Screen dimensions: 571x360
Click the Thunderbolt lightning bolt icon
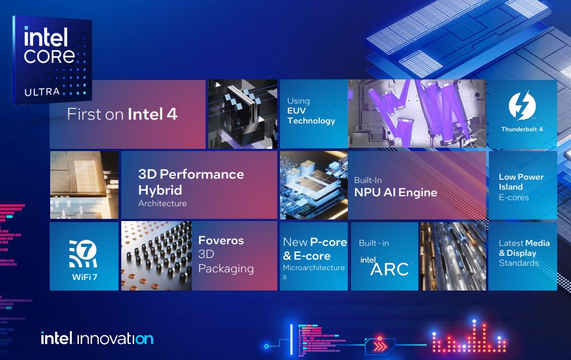[522, 106]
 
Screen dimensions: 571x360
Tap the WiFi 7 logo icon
[83, 254]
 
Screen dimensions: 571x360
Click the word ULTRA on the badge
[42, 92]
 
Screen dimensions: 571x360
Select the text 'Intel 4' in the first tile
[153, 115]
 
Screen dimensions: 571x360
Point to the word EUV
[297, 111]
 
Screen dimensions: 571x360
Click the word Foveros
[221, 240]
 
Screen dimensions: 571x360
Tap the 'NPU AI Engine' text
[396, 192]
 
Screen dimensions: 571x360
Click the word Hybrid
[160, 190]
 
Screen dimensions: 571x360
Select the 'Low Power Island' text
[521, 182]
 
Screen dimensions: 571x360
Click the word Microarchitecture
[314, 268]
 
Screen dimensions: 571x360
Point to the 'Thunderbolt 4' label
[522, 130]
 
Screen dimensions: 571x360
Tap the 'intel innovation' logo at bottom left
[97, 338]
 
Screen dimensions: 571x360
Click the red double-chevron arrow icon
[379, 346]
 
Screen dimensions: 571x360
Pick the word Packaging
[226, 269]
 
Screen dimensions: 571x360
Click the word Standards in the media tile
[519, 263]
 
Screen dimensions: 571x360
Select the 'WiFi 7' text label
[84, 277]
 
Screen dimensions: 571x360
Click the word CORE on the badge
[50, 56]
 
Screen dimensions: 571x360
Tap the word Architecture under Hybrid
[163, 203]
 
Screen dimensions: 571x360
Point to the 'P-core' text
[328, 243]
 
